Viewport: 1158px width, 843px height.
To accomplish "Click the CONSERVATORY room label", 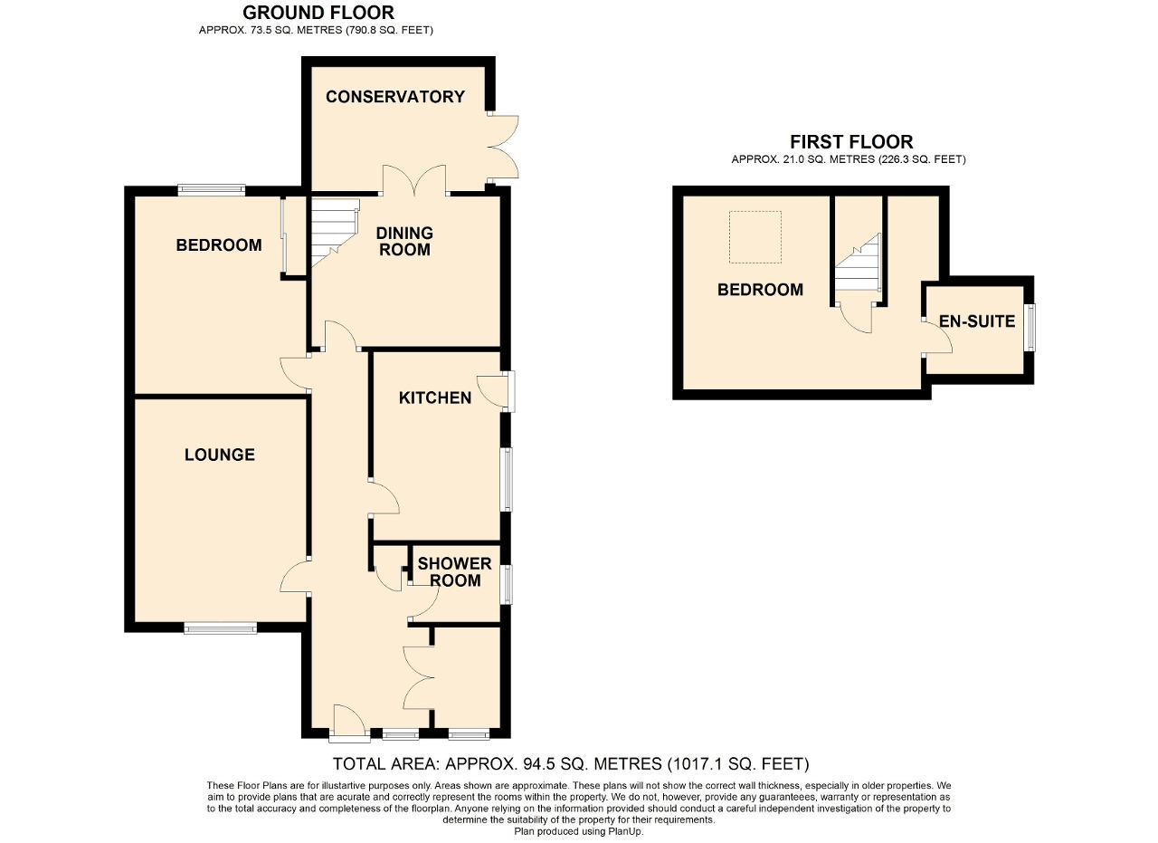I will click(395, 97).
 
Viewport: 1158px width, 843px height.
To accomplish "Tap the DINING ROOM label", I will click(404, 242).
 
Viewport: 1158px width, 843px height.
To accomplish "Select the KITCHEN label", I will click(435, 398).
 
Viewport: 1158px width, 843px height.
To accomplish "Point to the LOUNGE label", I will click(220, 455).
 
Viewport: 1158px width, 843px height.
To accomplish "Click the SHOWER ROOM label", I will click(454, 572).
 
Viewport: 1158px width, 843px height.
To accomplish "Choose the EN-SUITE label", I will click(976, 321).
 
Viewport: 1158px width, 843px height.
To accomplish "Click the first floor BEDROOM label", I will click(760, 290).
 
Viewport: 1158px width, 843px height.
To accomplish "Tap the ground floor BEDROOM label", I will click(219, 244).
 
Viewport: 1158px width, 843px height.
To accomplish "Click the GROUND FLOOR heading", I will click(318, 13).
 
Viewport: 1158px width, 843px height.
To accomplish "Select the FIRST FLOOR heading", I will click(850, 142).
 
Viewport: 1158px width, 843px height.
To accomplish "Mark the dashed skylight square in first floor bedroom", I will click(755, 237).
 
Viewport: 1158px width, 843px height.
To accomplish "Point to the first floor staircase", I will click(857, 263).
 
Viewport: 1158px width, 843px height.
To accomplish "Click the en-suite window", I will click(1030, 327).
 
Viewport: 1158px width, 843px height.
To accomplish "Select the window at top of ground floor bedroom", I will click(212, 190).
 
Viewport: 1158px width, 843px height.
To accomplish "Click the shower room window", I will click(508, 584).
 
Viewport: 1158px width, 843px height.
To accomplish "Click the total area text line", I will click(571, 764).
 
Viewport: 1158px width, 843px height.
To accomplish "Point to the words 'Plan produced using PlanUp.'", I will click(579, 831).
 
